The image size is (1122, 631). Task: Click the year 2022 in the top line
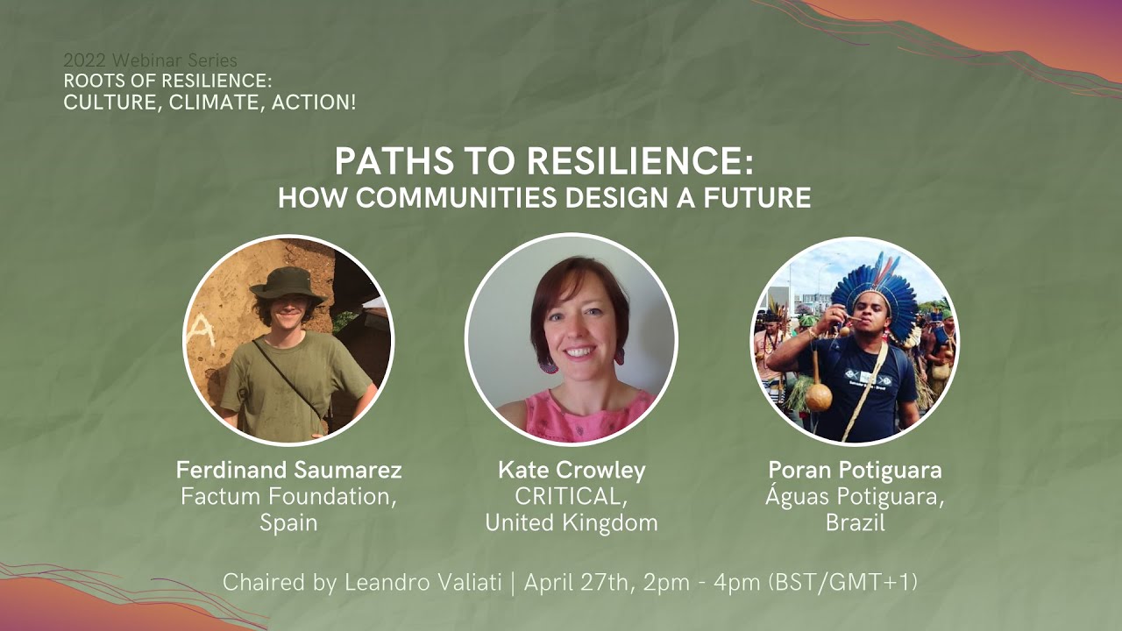[x=81, y=61]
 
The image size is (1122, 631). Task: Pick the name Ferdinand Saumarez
[x=289, y=471]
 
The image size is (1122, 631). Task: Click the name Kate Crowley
[x=572, y=471]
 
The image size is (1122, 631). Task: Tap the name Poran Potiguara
[x=855, y=471]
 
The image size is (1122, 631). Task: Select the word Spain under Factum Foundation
[x=288, y=523]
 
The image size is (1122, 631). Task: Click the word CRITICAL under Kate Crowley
[x=571, y=497]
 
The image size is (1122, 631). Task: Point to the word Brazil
[x=855, y=523]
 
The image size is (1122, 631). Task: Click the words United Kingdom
[x=572, y=523]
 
